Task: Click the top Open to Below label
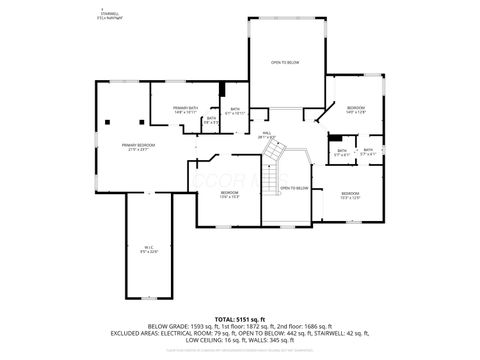click(285, 63)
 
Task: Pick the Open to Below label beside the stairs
click(294, 188)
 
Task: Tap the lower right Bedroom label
click(349, 195)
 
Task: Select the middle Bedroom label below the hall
click(230, 194)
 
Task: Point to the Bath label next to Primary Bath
click(235, 111)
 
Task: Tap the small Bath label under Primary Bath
click(211, 120)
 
